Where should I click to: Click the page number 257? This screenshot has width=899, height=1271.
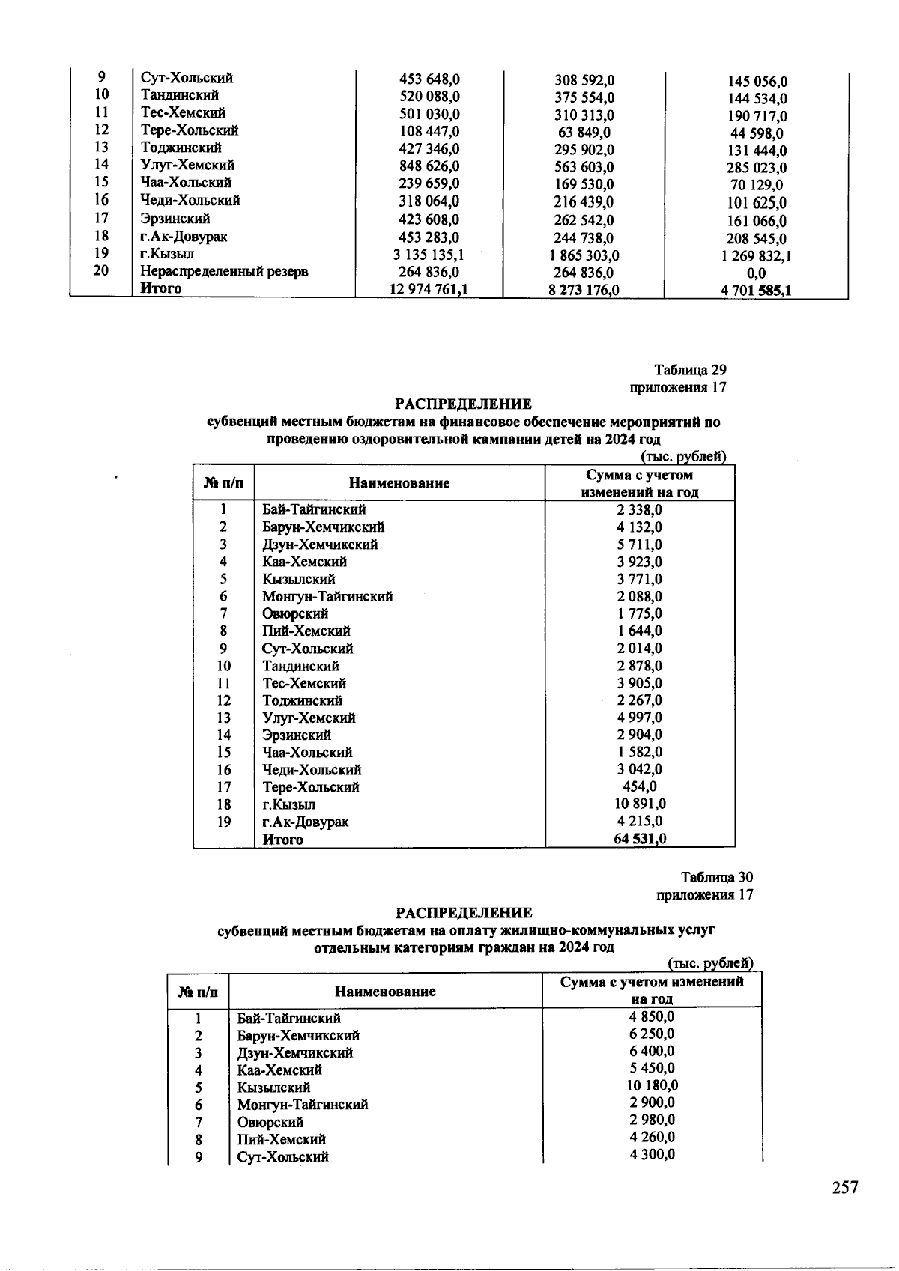pos(844,1189)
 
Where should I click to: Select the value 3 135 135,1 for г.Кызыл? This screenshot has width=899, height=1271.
pos(429,255)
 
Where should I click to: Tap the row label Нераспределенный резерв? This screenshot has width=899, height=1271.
pos(224,271)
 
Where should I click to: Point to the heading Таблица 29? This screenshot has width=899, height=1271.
pos(690,370)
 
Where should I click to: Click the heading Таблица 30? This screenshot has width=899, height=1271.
pos(717,877)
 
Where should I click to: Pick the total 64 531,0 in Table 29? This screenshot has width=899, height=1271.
pos(639,839)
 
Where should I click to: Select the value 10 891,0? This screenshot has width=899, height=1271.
pos(639,804)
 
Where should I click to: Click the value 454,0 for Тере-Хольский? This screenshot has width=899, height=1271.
pos(640,786)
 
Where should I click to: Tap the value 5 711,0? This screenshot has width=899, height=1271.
pos(639,545)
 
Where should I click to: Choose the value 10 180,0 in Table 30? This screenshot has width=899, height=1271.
pos(652,1086)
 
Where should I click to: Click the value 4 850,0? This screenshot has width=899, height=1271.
pos(652,1017)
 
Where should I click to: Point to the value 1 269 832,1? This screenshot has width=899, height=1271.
pos(756,257)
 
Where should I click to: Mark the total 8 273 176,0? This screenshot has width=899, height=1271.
pos(584,291)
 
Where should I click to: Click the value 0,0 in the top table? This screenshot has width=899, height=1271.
pos(757,275)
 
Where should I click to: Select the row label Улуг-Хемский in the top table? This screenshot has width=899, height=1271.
pos(187,165)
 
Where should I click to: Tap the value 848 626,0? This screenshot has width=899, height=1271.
pos(429,166)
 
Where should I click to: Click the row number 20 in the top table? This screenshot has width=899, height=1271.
pos(101,270)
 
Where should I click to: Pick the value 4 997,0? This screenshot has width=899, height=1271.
pos(639,718)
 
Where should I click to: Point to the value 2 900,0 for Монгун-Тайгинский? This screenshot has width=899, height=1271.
pos(652,1103)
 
